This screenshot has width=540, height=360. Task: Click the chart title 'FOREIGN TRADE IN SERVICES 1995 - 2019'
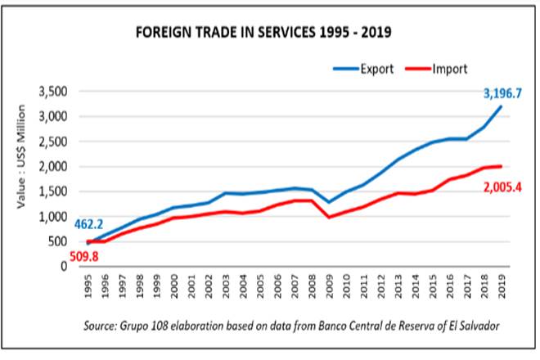pos(263,34)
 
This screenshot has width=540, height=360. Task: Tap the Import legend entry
pos(443,67)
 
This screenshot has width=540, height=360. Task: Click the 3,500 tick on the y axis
pos(56,92)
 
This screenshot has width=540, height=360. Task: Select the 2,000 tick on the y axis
pos(56,166)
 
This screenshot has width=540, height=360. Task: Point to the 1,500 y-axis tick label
pos(56,191)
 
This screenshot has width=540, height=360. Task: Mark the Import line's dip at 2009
pos(329,217)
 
